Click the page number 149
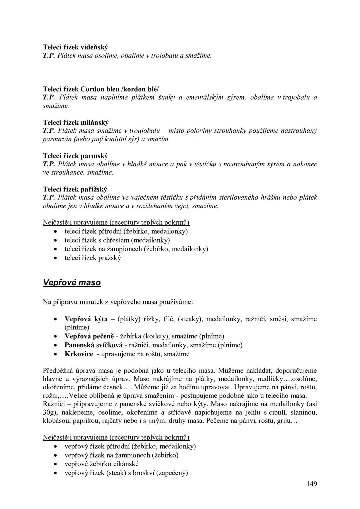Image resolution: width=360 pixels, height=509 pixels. pyautogui.click(x=312, y=484)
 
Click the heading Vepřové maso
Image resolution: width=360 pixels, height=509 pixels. pyautogui.click(x=72, y=283)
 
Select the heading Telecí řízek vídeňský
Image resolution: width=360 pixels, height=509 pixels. pyautogui.click(x=75, y=47)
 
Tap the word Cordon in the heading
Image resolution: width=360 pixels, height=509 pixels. pyautogui.click(x=92, y=89)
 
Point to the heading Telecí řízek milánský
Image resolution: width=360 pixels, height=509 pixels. pyautogui.click(x=76, y=122)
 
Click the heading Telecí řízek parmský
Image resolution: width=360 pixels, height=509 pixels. pyautogui.click(x=75, y=156)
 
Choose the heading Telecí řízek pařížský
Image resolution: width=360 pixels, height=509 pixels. pyautogui.click(x=75, y=189)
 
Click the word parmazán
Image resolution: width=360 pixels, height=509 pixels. pyautogui.click(x=54, y=139)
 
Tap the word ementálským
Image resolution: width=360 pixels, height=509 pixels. pyautogui.click(x=204, y=97)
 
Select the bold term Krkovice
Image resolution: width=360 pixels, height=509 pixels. pyautogui.click(x=79, y=354)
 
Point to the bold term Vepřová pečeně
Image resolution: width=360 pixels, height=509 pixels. pyautogui.click(x=89, y=336)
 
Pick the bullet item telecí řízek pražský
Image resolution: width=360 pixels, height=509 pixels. pyautogui.click(x=93, y=258)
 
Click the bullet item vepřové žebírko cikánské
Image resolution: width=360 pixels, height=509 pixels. pyautogui.click(x=101, y=464)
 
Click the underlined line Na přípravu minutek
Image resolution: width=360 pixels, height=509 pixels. pyautogui.click(x=118, y=302)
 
